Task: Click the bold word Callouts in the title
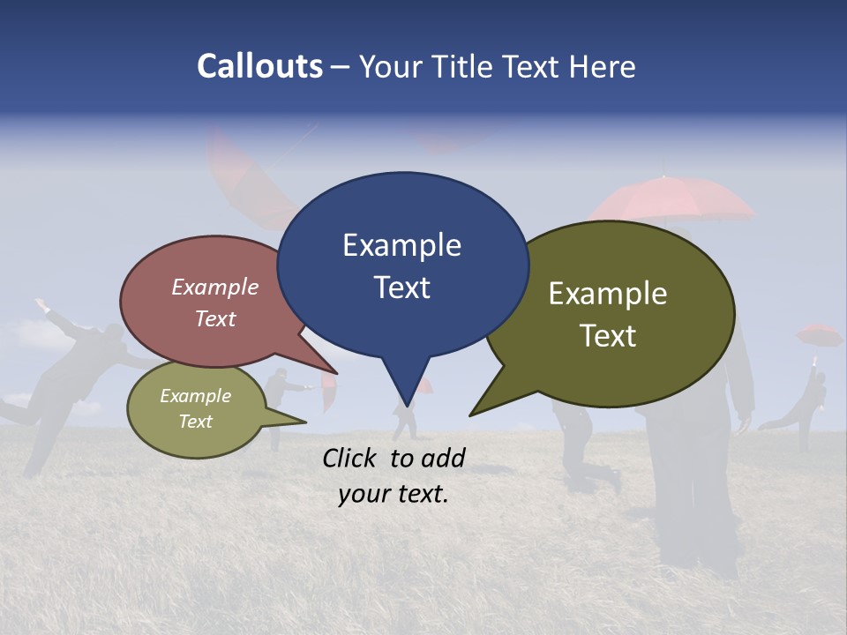(259, 66)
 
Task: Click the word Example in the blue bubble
(401, 245)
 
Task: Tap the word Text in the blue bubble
(401, 288)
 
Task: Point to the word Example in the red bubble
(215, 287)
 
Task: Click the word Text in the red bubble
(215, 318)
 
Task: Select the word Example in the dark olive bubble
(608, 294)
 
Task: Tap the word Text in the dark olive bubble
(608, 336)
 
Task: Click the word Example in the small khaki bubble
(195, 396)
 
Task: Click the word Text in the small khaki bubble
(195, 422)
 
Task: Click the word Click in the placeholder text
(352, 458)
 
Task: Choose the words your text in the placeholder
(394, 494)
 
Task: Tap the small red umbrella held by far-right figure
(820, 335)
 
